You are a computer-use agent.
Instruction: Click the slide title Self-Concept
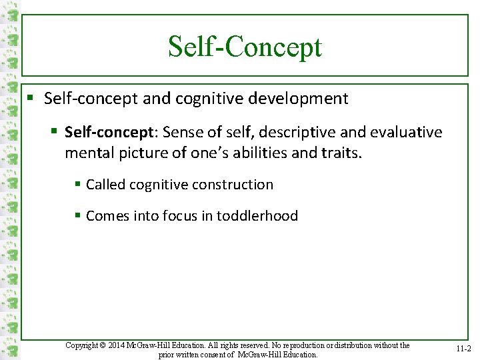pyautogui.click(x=245, y=47)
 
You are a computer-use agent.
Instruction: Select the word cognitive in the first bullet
pyautogui.click(x=207, y=99)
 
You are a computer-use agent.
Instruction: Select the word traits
pyautogui.click(x=339, y=153)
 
